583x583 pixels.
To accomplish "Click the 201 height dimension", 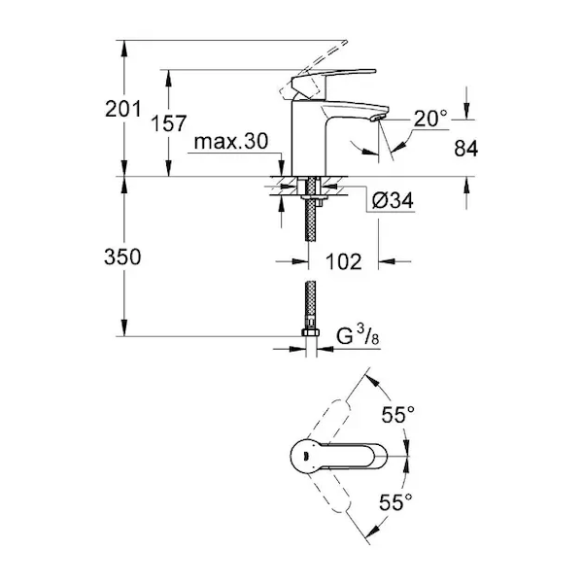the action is point(123,109).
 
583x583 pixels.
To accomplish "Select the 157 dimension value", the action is point(168,123).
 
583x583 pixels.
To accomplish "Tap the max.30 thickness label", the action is point(231,142).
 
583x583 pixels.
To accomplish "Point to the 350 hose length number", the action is point(122,257).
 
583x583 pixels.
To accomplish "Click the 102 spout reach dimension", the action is point(344,261).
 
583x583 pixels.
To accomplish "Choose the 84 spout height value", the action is point(465,149).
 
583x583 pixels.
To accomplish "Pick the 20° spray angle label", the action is point(430,119).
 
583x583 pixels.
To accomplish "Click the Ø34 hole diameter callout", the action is point(393,201).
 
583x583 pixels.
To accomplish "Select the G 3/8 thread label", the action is point(358,336).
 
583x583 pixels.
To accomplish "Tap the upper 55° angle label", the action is point(397,415).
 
